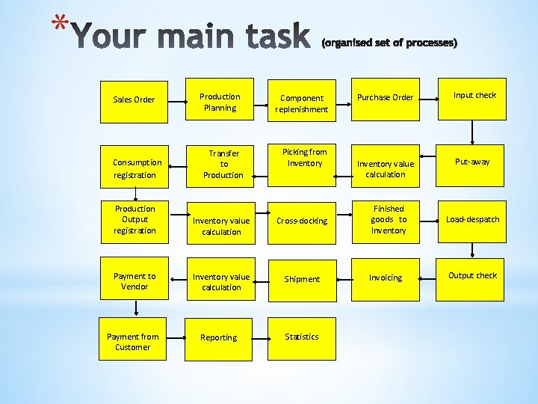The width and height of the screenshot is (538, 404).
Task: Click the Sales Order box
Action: coord(134,100)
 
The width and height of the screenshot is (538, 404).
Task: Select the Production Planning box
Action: coord(219,102)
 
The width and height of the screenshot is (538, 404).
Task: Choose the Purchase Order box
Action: coord(386,99)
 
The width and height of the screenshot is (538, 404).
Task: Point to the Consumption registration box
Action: coord(134,168)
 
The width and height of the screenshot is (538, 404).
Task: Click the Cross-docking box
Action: coord(302,221)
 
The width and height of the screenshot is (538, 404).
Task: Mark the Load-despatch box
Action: coord(472,219)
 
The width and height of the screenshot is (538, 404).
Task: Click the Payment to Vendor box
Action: coord(134,281)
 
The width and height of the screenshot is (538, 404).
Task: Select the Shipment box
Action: coord(302,279)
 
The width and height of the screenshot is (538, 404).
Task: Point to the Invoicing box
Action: coord(386,278)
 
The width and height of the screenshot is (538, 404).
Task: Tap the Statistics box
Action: coord(302,337)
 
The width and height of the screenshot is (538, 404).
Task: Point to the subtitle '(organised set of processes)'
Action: coord(389,43)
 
